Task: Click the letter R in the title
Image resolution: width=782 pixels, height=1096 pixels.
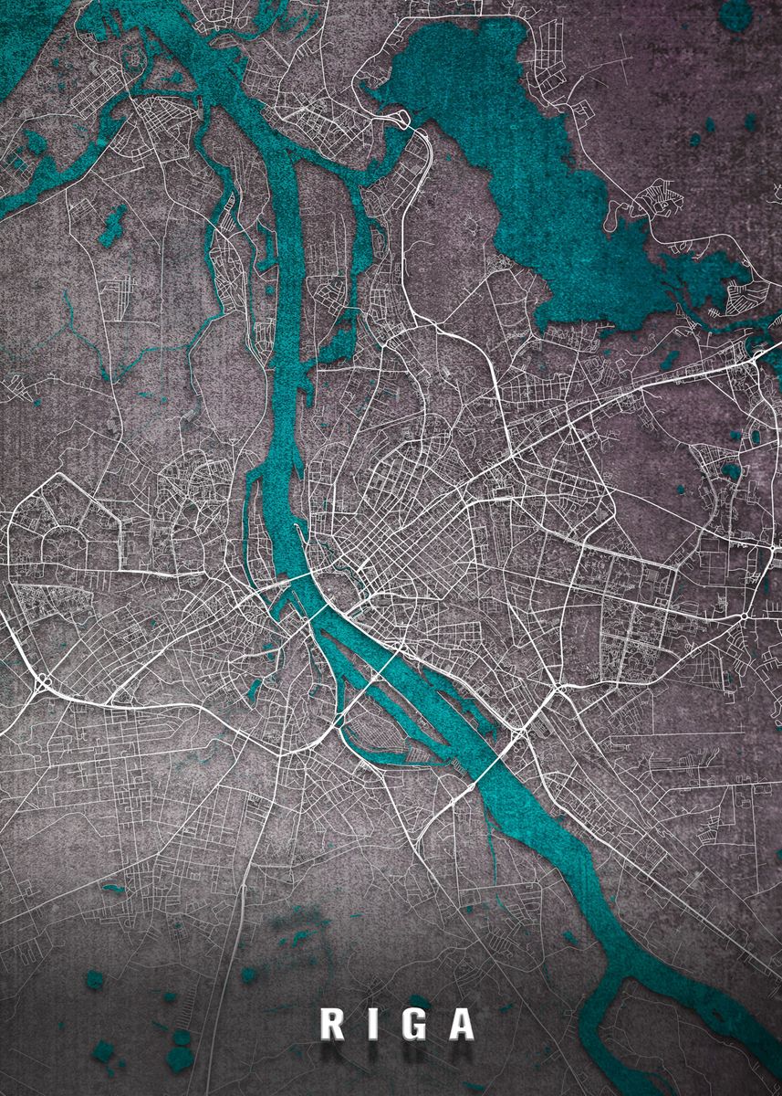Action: click(x=333, y=1024)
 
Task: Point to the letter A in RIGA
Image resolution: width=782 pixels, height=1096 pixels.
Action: click(x=462, y=1024)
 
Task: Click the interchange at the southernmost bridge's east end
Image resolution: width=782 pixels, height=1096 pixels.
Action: click(x=521, y=731)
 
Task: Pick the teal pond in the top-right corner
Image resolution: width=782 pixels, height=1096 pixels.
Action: click(x=735, y=13)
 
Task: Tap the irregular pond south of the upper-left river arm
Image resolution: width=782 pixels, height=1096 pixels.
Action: click(x=113, y=224)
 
